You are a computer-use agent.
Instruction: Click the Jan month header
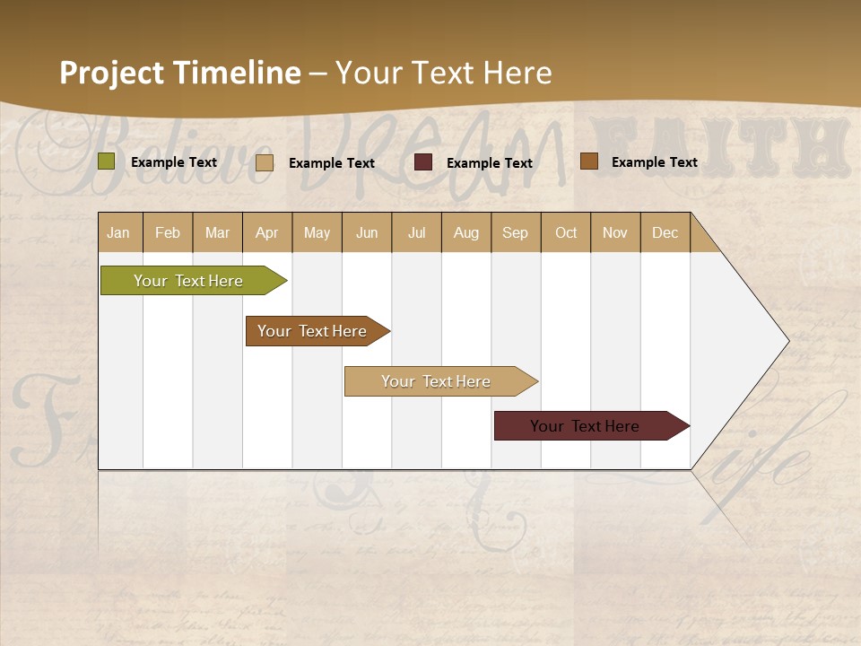118,232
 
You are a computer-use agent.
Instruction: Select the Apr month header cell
266,232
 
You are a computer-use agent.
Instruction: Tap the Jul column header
416,232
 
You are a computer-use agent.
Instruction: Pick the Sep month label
515,232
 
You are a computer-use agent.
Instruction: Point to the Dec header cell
665,232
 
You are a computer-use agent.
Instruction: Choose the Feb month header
168,232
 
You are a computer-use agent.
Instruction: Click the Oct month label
566,232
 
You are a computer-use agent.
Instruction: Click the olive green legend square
107,161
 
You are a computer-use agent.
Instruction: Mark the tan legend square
265,162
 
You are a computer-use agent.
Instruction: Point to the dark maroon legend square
423,162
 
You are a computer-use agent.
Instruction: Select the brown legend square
589,161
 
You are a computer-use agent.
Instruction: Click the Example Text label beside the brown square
654,161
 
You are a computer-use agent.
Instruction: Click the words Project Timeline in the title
180,73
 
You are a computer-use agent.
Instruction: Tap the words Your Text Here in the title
443,73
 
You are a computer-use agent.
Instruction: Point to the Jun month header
367,232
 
